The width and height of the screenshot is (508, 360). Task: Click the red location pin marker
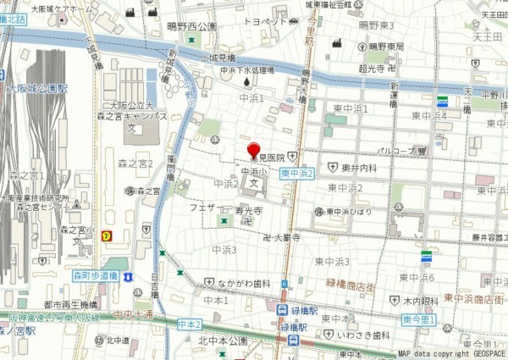(x=253, y=149)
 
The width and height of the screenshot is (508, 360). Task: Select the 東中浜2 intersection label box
(x=297, y=172)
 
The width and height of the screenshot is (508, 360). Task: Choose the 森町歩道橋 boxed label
(x=94, y=275)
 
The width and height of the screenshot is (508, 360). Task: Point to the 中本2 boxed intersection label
(x=190, y=324)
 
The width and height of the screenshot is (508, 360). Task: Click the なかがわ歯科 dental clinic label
(x=244, y=283)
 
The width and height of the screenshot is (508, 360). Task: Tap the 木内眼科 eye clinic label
(x=420, y=301)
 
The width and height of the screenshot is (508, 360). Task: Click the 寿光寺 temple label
(x=247, y=209)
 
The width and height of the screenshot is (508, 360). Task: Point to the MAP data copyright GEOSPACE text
(x=450, y=353)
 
